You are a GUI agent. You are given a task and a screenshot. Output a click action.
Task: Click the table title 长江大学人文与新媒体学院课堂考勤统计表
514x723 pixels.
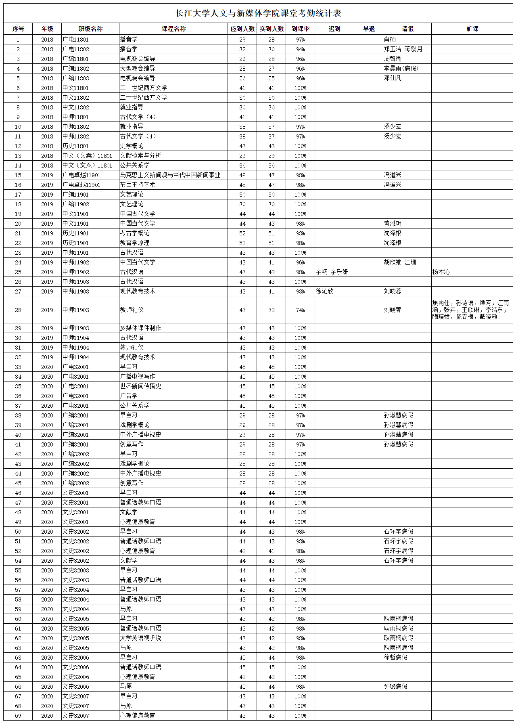coord(258,13)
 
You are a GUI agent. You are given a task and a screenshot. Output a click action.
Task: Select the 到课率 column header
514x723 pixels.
coord(300,29)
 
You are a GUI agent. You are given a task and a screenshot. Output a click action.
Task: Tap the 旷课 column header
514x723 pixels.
coord(472,29)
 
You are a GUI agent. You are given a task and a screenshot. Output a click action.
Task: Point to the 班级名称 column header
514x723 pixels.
coord(90,29)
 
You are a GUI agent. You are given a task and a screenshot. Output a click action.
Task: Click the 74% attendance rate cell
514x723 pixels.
coord(300,310)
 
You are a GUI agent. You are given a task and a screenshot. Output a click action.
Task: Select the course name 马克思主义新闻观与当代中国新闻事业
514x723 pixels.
coord(170,175)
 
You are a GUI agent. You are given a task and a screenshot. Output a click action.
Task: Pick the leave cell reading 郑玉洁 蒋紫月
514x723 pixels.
coord(403,49)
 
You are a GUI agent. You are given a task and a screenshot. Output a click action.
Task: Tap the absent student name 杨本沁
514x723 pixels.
coord(441,272)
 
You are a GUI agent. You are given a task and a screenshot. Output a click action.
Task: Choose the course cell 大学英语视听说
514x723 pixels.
coord(140,638)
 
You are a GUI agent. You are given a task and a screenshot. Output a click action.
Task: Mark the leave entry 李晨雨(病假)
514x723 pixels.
coord(401,69)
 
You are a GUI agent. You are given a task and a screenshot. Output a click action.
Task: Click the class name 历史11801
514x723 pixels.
coord(75,146)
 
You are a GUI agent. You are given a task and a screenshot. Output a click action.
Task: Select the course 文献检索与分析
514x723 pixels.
coord(140,156)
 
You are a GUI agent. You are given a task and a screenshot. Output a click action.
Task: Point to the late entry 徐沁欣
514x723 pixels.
coord(324,291)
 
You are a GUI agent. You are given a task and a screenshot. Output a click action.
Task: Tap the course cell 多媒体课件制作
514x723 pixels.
coord(140,328)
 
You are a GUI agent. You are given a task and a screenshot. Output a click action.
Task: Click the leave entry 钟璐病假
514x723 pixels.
coord(395,687)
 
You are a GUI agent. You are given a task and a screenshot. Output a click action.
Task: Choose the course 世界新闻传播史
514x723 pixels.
coord(140,386)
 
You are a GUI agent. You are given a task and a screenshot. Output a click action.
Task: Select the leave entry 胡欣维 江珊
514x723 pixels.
coord(400,262)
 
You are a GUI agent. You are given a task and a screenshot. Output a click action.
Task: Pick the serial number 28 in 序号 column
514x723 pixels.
coord(18,310)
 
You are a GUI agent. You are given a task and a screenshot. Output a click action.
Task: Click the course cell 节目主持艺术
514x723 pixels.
coord(138,185)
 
